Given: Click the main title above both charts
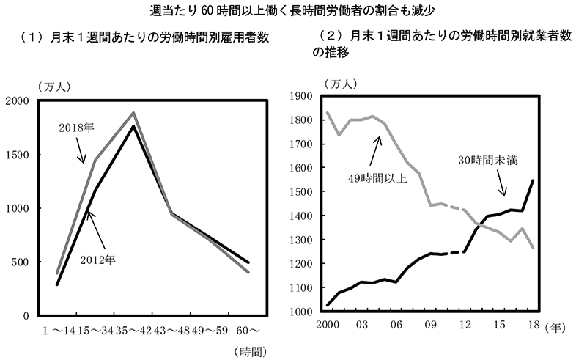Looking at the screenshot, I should [293, 10].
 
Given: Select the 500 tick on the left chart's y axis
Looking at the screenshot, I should [23, 262].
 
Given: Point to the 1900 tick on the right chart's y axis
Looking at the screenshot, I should [301, 96].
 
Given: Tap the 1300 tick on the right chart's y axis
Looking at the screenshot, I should [301, 240].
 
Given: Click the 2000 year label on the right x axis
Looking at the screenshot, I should [326, 324].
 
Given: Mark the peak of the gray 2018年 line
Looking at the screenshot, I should [133, 113].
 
